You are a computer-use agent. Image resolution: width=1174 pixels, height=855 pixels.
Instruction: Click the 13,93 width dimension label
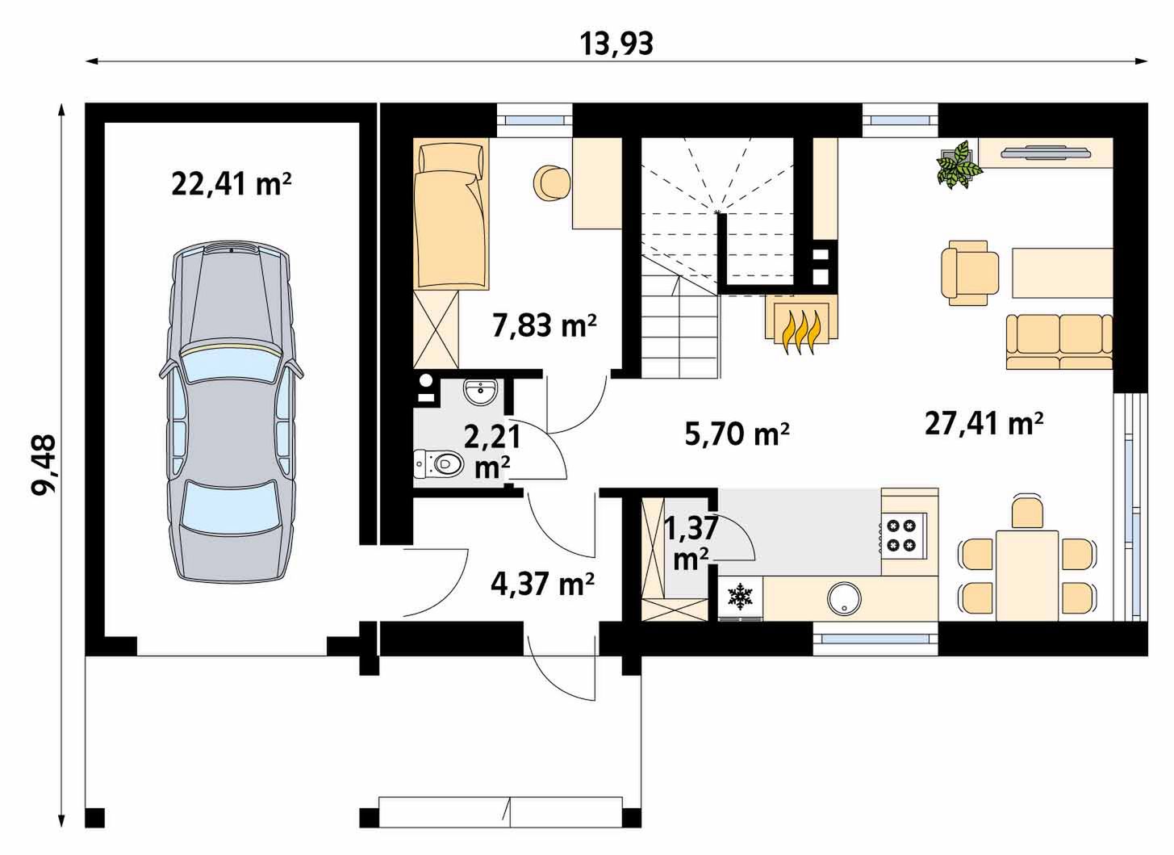click(616, 44)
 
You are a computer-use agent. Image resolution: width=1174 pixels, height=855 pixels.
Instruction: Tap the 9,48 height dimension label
click(44, 466)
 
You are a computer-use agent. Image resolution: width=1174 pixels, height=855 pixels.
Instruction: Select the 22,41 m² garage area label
click(231, 184)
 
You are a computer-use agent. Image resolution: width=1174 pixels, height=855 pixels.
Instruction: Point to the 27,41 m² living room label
click(984, 424)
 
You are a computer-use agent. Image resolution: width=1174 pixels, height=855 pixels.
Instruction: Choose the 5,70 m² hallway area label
click(737, 434)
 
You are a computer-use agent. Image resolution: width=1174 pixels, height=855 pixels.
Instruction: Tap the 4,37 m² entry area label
click(542, 583)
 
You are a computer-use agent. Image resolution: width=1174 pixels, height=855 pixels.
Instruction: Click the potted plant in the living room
click(959, 164)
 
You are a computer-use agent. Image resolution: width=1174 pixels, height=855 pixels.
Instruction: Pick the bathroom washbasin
click(479, 392)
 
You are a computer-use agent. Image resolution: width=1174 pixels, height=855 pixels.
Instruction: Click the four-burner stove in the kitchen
click(904, 535)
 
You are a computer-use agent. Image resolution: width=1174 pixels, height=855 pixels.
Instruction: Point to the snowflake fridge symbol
click(740, 596)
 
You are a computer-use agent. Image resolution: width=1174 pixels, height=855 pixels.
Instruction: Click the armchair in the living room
click(970, 273)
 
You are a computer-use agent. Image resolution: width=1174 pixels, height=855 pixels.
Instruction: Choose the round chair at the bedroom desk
click(551, 183)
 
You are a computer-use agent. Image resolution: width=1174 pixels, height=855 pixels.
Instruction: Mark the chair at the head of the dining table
click(1026, 510)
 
